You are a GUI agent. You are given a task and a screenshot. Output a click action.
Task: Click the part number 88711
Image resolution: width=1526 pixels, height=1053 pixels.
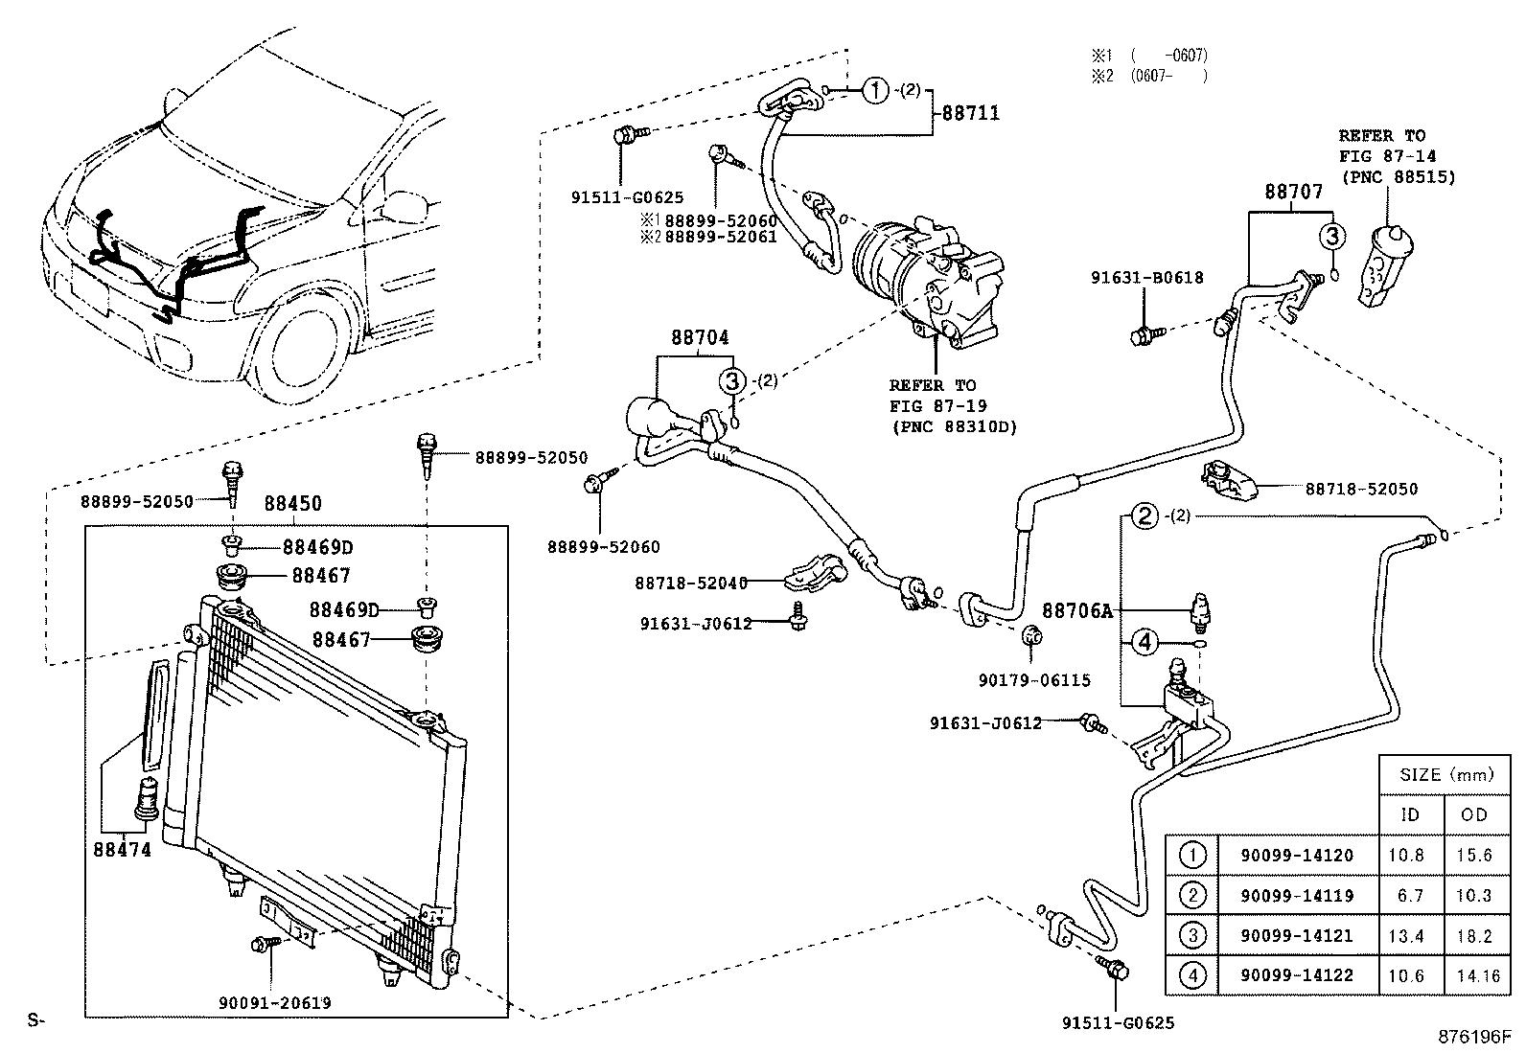(970, 113)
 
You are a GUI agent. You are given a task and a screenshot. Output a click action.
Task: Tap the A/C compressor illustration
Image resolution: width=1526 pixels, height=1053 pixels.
(925, 284)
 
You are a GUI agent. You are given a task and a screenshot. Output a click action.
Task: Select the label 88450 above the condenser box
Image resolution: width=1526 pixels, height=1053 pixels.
(292, 504)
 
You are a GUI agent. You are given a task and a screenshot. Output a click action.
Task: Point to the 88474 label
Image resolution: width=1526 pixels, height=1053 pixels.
(122, 849)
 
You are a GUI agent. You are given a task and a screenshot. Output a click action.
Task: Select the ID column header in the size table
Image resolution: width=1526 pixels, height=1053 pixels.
(1410, 814)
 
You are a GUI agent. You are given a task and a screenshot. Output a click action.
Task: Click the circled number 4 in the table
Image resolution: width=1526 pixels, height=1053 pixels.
(1191, 975)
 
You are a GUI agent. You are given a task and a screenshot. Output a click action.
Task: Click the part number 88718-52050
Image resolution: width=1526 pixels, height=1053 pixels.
(1360, 489)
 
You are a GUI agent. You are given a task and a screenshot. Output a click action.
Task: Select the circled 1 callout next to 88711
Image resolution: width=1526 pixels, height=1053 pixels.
(874, 91)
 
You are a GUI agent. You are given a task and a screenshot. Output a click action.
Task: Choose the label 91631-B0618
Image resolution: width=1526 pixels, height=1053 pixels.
(1146, 278)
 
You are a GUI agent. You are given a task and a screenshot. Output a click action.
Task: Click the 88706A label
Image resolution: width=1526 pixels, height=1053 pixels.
(1077, 609)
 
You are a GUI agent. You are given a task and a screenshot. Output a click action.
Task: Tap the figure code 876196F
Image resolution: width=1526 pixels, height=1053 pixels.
(1472, 1037)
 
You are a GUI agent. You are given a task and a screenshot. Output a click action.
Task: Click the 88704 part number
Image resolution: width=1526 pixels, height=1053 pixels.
(699, 337)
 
